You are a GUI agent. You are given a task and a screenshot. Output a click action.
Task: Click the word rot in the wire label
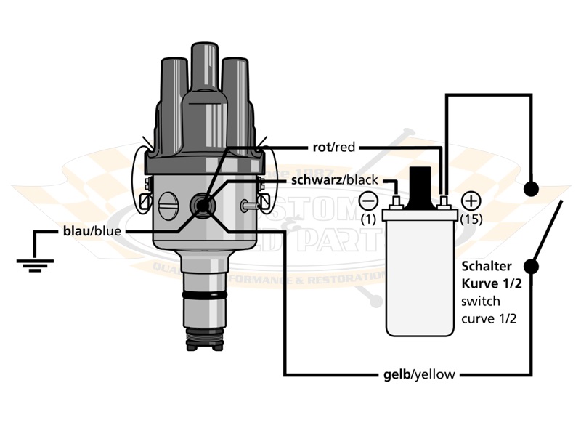tap(321, 148)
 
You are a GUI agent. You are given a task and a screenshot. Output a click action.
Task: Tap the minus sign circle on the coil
tap(370, 200)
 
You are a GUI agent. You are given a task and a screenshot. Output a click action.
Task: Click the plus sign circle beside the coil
tap(471, 200)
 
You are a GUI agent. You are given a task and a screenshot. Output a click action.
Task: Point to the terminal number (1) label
tap(370, 219)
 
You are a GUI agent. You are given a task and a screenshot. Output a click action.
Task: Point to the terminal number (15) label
tap(471, 219)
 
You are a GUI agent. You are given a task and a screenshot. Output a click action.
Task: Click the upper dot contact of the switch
tap(532, 189)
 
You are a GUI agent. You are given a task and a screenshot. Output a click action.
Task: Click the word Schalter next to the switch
tap(485, 266)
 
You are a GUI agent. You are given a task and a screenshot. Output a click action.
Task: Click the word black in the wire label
tap(358, 179)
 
